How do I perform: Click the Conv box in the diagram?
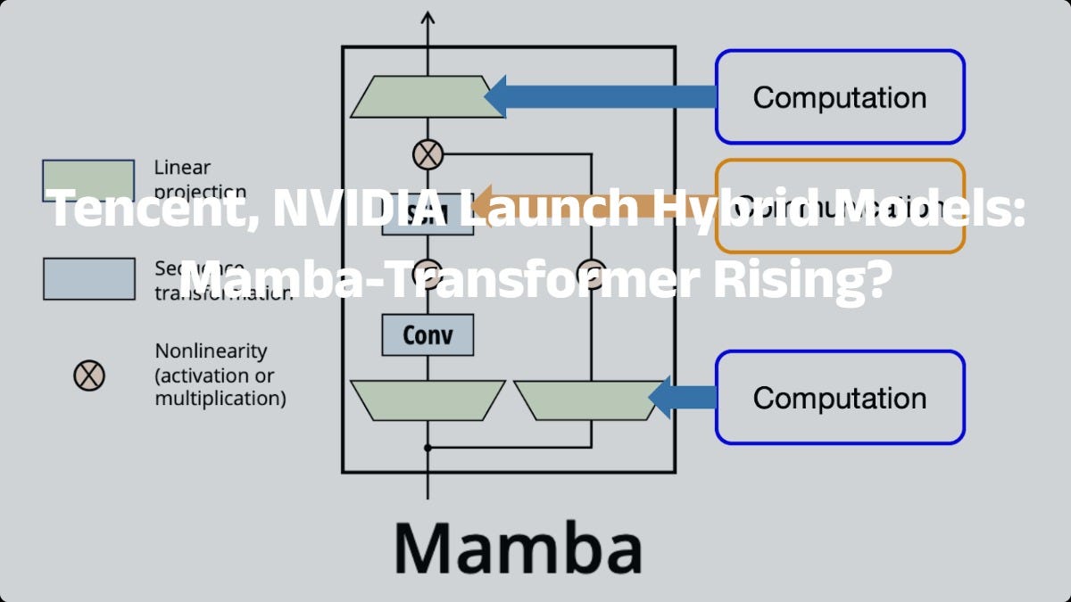tap(428, 335)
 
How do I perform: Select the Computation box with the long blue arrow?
tap(839, 96)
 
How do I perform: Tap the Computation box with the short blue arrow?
tap(839, 398)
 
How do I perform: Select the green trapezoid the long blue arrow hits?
tap(420, 96)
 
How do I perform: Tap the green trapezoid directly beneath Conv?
tap(428, 400)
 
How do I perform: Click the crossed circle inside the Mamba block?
tap(428, 155)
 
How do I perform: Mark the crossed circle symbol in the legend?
tap(89, 375)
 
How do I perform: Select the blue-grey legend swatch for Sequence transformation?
tap(88, 278)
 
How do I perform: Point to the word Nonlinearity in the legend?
tap(211, 351)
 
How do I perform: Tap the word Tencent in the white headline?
tap(144, 210)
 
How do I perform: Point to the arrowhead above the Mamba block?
tap(428, 18)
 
